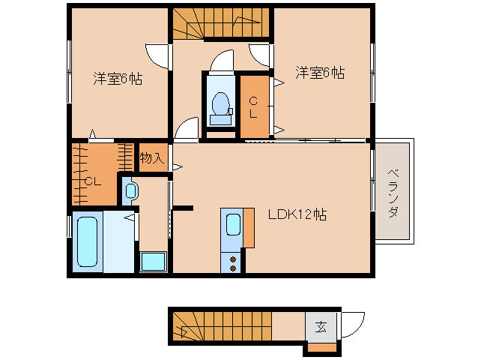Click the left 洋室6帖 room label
[x=118, y=77]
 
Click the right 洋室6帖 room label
[x=319, y=73]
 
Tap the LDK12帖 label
[x=297, y=214]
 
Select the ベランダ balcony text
[x=393, y=192]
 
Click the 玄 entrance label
[x=321, y=327]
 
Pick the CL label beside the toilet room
[x=253, y=107]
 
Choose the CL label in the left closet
[x=92, y=181]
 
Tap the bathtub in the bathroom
[x=88, y=241]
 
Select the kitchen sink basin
[x=233, y=225]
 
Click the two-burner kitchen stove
[x=232, y=262]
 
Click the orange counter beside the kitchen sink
[x=249, y=227]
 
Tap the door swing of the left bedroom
[x=156, y=54]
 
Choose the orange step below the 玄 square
[x=323, y=347]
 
